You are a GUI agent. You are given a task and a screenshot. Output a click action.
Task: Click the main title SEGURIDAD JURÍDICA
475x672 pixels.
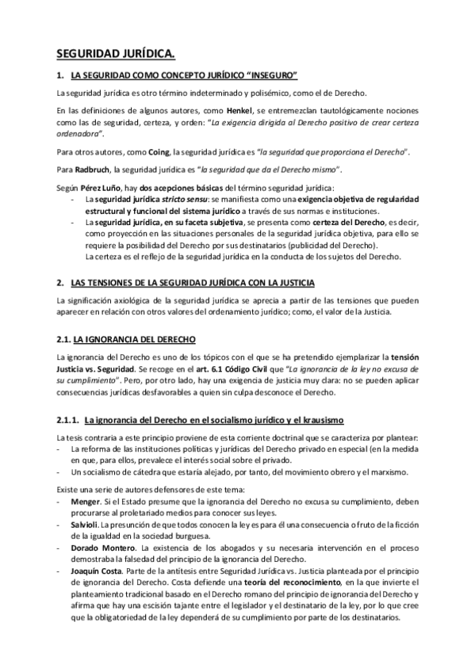pos(116,54)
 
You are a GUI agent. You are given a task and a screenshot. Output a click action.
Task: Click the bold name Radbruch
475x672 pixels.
pos(92,169)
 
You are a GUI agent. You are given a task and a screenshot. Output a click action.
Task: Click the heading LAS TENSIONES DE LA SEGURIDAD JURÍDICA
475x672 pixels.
pos(193,283)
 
